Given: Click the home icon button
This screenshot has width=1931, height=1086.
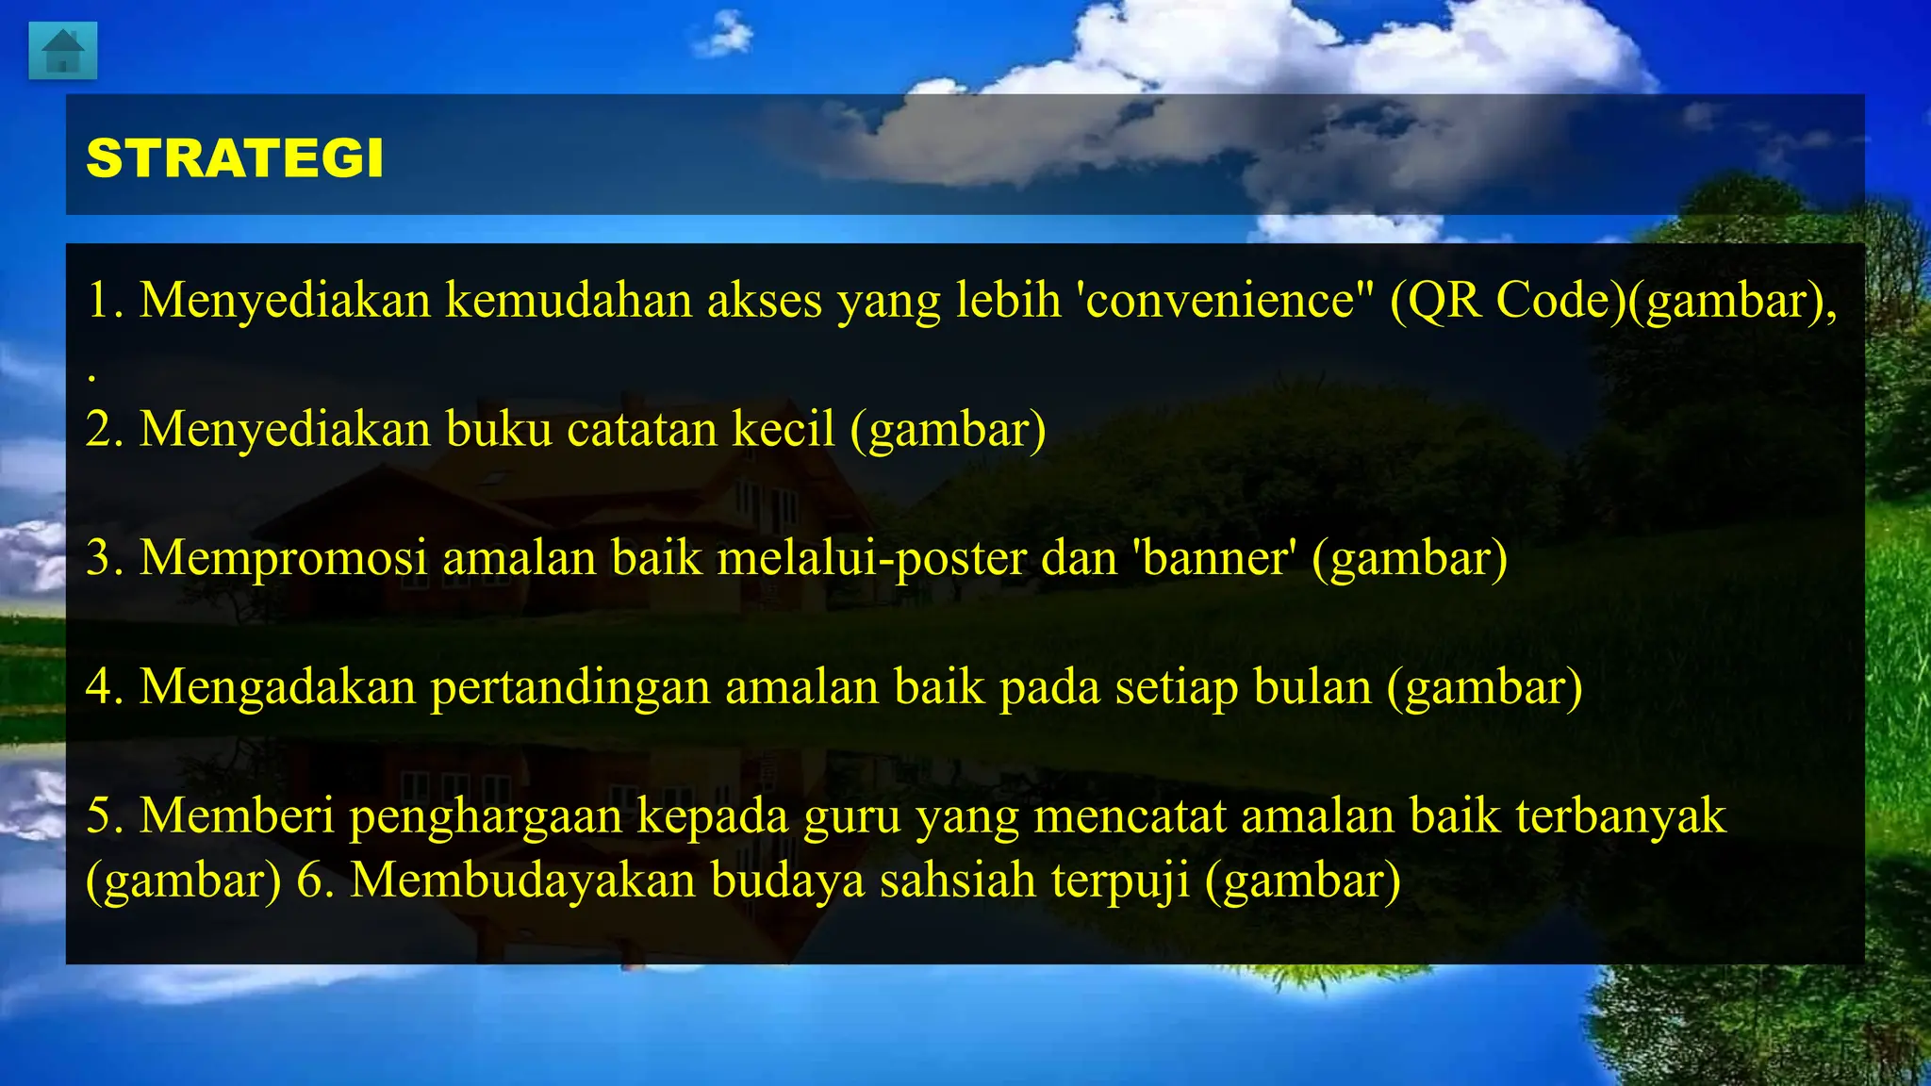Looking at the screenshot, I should coord(62,51).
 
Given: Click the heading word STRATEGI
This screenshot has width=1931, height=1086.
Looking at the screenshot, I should coord(235,157).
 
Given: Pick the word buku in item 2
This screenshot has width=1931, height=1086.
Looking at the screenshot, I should coord(499,429).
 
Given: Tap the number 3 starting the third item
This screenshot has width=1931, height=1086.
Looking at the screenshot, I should coord(98,557).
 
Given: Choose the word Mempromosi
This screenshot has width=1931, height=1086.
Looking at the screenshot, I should coord(283,557).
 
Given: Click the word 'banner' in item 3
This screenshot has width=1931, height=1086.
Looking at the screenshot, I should coord(1213,557).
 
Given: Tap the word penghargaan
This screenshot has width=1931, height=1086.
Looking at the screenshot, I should coord(486,815).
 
